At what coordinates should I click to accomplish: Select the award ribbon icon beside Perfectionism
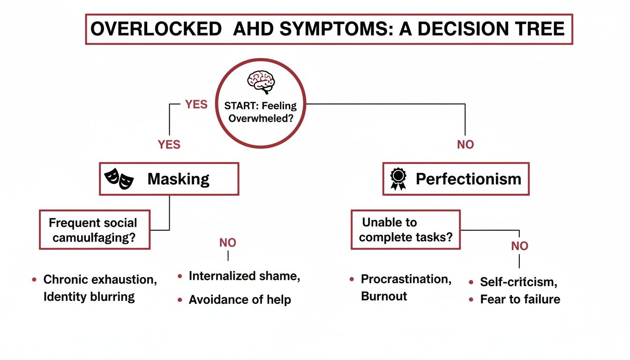(x=398, y=179)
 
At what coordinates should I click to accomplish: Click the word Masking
(x=178, y=179)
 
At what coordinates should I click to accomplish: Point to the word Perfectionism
(x=468, y=179)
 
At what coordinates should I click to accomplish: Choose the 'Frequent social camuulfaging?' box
(x=94, y=230)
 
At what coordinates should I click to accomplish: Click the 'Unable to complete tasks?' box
(x=405, y=230)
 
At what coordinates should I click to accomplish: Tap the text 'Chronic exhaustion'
(x=100, y=280)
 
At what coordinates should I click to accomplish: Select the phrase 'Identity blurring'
(x=89, y=297)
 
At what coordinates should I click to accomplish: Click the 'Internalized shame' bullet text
(x=244, y=276)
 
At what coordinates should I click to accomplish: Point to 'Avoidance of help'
(x=240, y=300)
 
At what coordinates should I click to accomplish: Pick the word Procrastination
(x=406, y=279)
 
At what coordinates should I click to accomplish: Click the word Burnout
(x=384, y=296)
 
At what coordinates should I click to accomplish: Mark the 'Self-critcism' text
(x=518, y=282)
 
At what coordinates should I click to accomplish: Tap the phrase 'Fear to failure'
(x=520, y=299)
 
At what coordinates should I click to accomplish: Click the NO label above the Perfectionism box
(x=465, y=145)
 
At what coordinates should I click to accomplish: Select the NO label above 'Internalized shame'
(x=228, y=243)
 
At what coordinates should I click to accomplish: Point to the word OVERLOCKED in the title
(x=156, y=29)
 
